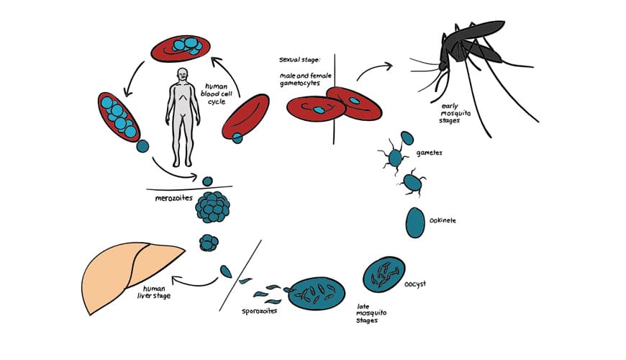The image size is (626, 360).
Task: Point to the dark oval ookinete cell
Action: pyautogui.click(x=415, y=222)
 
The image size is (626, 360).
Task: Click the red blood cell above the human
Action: pyautogui.click(x=179, y=49)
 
